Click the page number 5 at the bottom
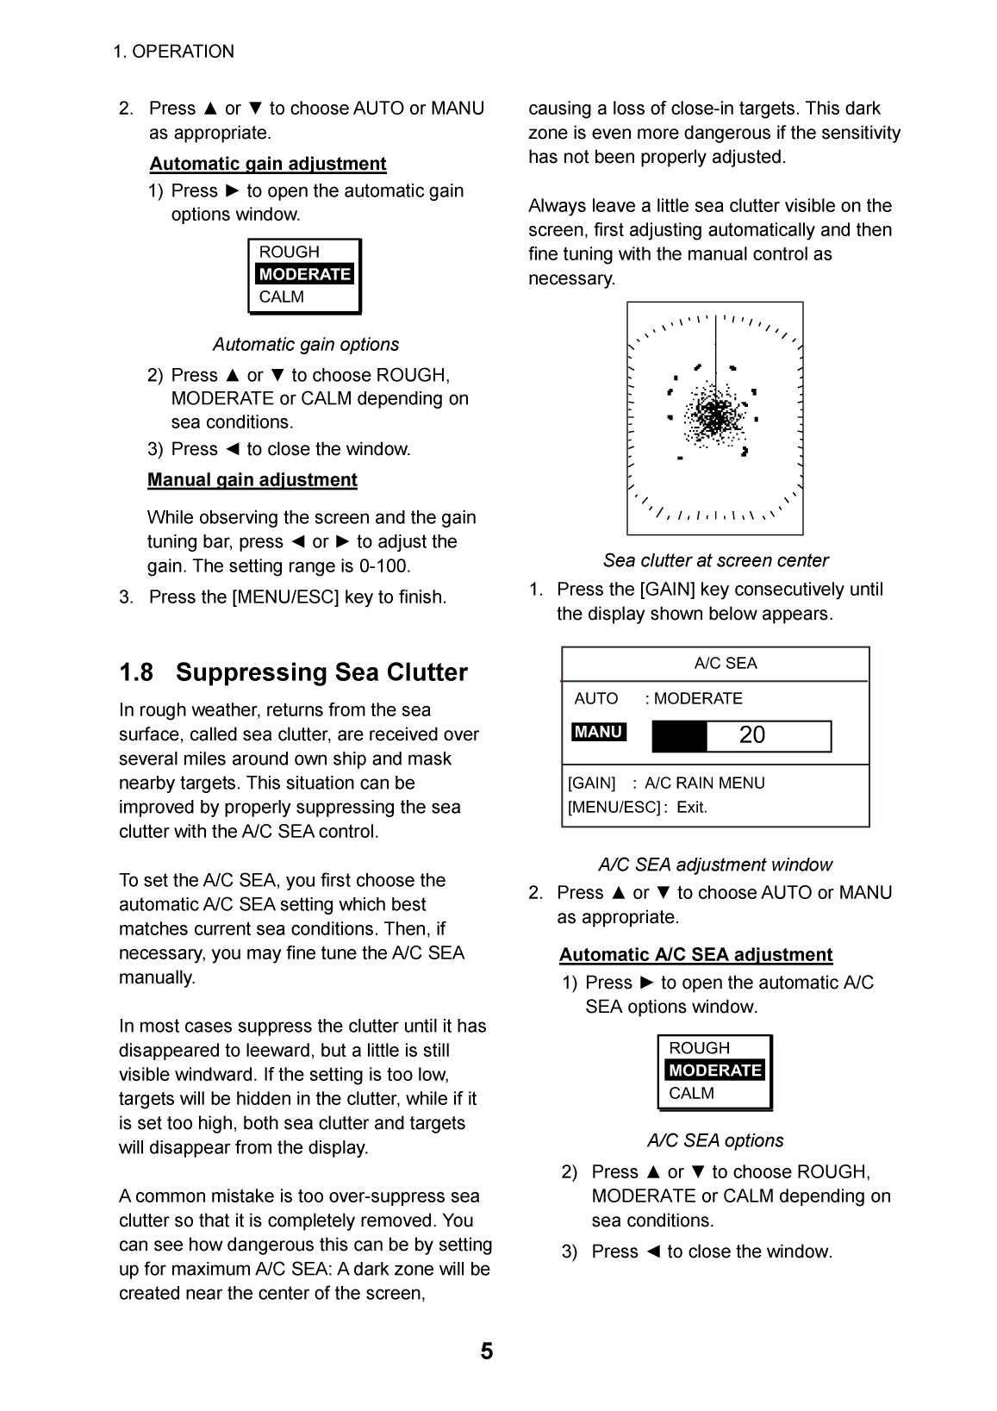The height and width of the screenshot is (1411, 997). tap(487, 1352)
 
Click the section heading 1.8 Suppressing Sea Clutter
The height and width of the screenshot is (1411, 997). tap(293, 672)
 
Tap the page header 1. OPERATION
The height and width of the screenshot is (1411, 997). tap(173, 52)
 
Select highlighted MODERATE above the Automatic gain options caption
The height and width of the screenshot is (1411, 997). tap(304, 274)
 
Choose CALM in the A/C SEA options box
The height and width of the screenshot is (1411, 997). tap(691, 1093)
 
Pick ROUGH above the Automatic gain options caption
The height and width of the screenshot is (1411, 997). tap(289, 252)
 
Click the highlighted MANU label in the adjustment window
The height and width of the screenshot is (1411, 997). tap(598, 732)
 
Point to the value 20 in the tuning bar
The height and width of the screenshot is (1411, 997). tap(751, 735)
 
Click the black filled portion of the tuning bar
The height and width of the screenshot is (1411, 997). tap(679, 736)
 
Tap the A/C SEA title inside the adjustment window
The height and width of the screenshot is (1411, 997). tap(726, 663)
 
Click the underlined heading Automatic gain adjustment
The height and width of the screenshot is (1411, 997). tap(268, 164)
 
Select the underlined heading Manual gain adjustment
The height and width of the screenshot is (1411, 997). tap(252, 479)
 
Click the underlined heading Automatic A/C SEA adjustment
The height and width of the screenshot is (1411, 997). tap(695, 954)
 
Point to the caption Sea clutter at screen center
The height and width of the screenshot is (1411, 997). tap(715, 560)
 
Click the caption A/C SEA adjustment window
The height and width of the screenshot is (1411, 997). tap(715, 865)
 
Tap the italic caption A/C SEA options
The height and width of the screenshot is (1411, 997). tap(715, 1140)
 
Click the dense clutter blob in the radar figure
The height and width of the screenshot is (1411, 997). tap(714, 415)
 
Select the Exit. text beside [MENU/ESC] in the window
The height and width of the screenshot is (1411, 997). tap(691, 808)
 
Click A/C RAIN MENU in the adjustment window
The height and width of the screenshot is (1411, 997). tap(704, 783)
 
